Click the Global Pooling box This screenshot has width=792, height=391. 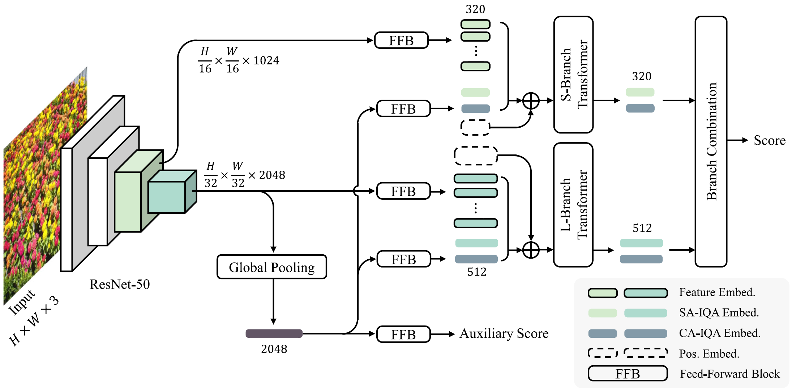click(271, 267)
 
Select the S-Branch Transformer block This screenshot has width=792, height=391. click(573, 75)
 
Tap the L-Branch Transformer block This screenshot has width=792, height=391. click(573, 205)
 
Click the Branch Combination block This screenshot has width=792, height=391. click(711, 141)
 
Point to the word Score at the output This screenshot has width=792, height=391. click(769, 140)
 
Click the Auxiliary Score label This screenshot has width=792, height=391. click(504, 333)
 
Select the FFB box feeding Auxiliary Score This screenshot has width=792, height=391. click(403, 334)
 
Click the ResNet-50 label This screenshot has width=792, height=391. click(120, 284)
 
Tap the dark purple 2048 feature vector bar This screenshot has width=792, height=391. click(274, 333)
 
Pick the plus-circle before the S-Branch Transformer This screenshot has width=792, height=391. click(531, 101)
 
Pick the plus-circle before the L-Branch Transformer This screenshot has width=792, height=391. click(531, 250)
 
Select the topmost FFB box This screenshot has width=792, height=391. click(401, 40)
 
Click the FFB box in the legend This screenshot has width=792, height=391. click(628, 373)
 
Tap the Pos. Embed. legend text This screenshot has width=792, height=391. click(709, 353)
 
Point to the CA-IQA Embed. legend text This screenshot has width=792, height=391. click(719, 333)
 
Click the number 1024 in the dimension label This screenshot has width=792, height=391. click(266, 60)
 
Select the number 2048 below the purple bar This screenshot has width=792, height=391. click(274, 349)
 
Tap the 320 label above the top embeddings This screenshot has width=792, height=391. click(475, 9)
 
